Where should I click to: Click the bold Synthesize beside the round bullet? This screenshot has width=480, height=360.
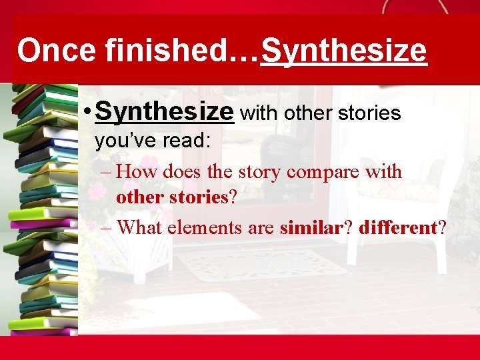tap(165, 112)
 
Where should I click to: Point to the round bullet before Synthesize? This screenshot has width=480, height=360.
tap(88, 112)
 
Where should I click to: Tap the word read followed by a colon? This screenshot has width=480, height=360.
tap(189, 141)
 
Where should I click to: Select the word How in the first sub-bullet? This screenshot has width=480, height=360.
tap(140, 172)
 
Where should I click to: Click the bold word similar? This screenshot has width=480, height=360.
tap(311, 227)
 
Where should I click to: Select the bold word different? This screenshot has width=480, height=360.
tap(397, 227)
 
